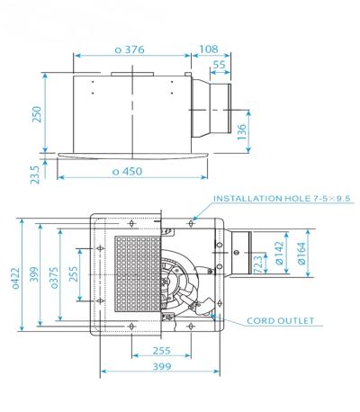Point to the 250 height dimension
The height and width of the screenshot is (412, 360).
(37, 117)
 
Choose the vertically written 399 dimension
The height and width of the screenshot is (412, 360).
(32, 278)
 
